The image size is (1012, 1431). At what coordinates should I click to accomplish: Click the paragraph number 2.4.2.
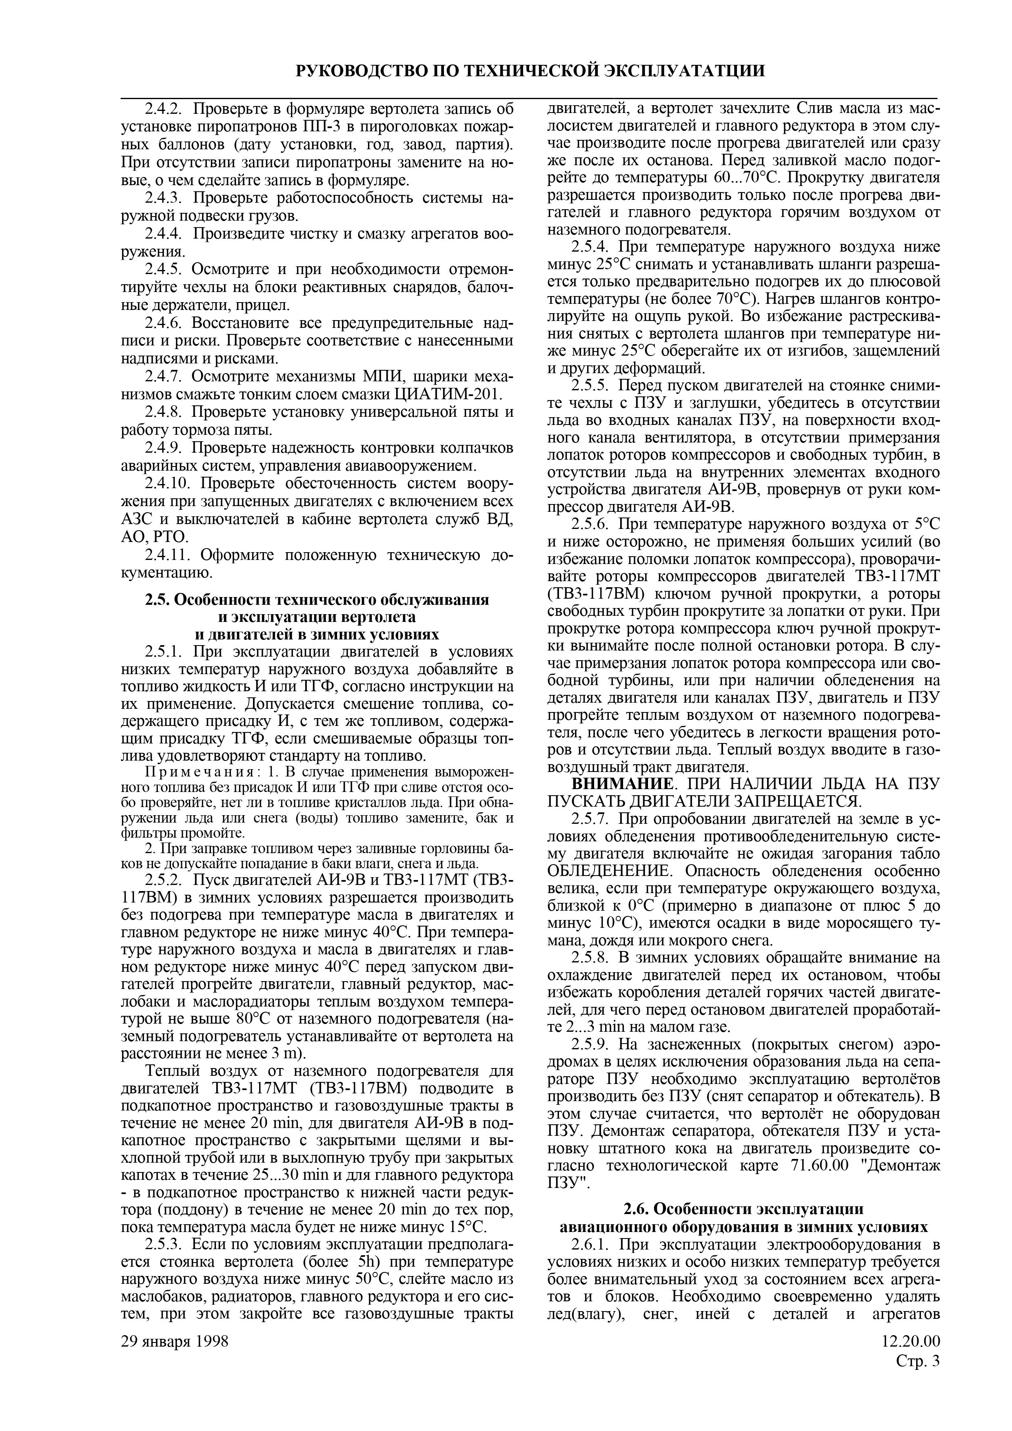(x=163, y=110)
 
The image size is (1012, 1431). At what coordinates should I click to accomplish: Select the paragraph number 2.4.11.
(x=167, y=555)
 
